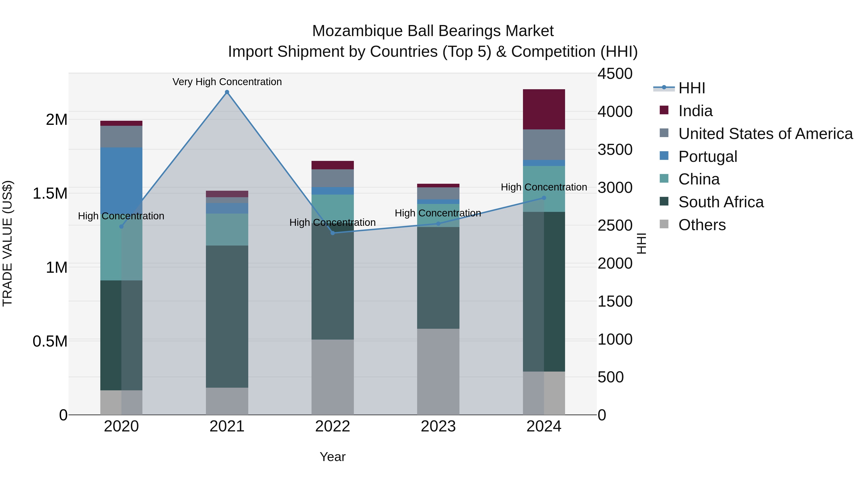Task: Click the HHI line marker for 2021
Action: pos(227,92)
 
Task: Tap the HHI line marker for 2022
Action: pos(332,233)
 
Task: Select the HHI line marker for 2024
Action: pos(544,198)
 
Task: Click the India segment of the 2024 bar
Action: pos(544,109)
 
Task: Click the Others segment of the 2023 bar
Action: pos(438,371)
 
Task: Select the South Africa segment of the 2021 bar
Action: pos(227,316)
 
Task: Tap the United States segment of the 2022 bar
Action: pos(332,178)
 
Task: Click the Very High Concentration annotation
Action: pos(227,82)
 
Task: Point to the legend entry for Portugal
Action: pos(708,157)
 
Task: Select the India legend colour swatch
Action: pos(664,110)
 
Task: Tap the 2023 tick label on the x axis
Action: pos(438,426)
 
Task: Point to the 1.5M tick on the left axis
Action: pos(50,194)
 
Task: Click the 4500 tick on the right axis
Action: pos(615,74)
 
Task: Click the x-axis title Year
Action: pos(332,457)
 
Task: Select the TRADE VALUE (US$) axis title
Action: pos(7,243)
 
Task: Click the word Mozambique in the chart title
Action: pos(357,31)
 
